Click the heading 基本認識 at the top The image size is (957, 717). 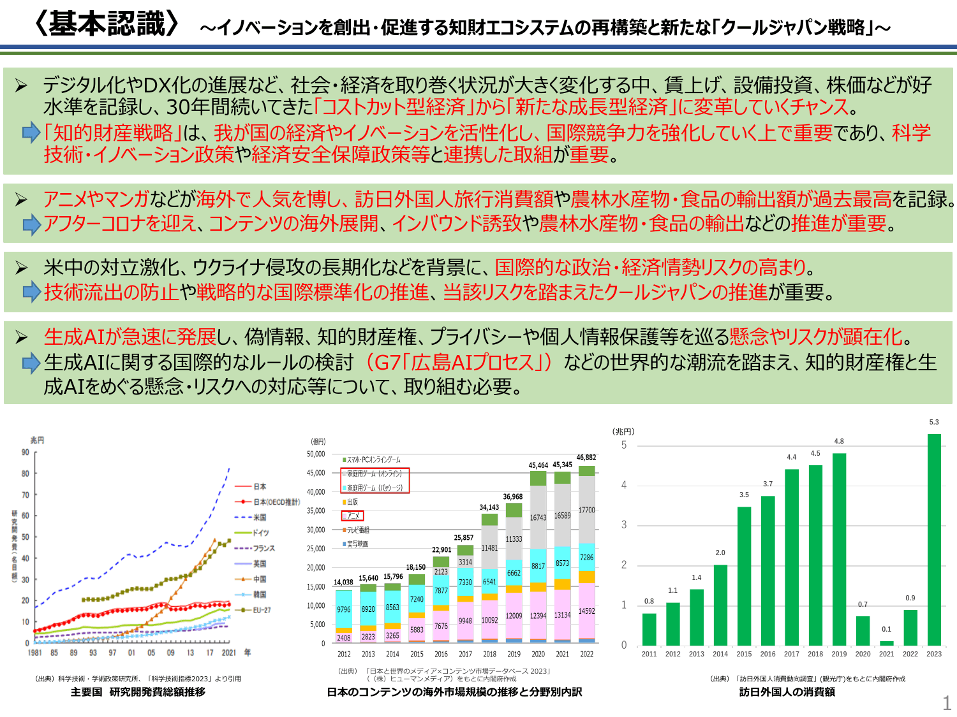(x=107, y=24)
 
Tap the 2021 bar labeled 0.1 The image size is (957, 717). (x=886, y=643)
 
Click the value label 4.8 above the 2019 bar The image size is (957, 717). (x=839, y=441)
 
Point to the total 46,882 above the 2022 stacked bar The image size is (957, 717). (x=586, y=458)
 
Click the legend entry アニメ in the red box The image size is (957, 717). (x=353, y=516)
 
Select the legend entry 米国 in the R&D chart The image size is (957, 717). (x=260, y=518)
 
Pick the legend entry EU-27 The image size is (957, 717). (x=262, y=610)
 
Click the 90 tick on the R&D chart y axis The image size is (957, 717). (x=26, y=453)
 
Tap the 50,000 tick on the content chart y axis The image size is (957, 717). (x=316, y=454)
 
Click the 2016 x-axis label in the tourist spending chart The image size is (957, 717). (x=768, y=654)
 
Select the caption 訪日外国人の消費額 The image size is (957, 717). (x=787, y=692)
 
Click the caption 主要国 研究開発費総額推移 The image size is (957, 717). (x=138, y=692)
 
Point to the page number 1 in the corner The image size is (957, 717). (x=947, y=703)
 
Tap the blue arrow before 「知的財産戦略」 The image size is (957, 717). (x=31, y=133)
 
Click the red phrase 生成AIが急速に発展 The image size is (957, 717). (x=130, y=337)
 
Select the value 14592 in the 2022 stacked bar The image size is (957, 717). (x=586, y=611)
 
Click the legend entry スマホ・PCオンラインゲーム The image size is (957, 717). (x=373, y=460)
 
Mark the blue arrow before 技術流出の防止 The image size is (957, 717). (x=31, y=292)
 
